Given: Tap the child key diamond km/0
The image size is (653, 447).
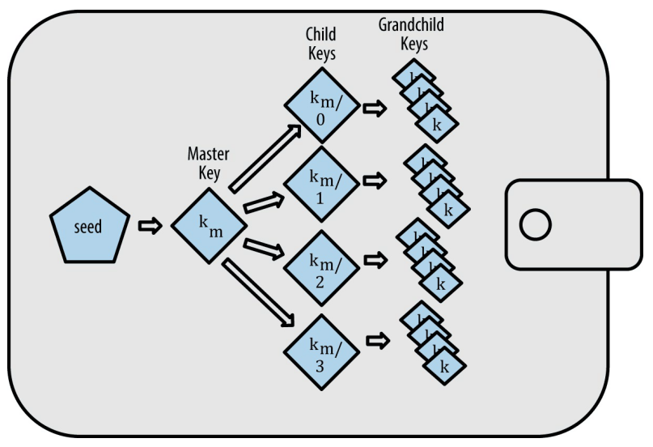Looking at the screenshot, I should tap(321, 110).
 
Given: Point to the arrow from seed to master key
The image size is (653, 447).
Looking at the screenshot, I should tap(151, 226).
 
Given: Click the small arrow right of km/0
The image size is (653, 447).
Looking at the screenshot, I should tap(373, 109).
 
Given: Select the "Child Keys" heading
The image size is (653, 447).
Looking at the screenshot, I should tap(321, 45).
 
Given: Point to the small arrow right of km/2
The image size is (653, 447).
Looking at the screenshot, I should tap(373, 261).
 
